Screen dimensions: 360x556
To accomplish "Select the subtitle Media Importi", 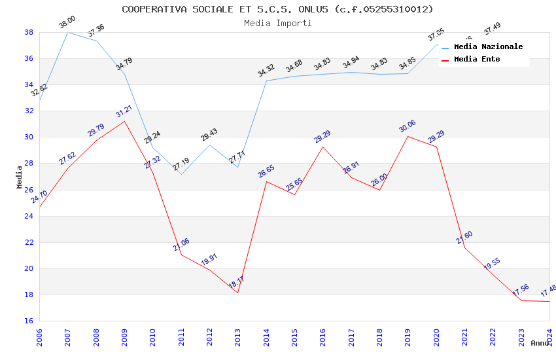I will [277, 23].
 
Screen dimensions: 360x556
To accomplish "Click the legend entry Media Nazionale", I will [488, 46].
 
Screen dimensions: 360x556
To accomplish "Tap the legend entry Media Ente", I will [477, 59].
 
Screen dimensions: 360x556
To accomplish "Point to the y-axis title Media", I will [19, 177].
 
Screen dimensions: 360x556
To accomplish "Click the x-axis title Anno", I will [540, 343].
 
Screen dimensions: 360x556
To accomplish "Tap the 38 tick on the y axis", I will [29, 32].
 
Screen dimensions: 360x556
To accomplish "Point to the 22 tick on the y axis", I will [29, 242].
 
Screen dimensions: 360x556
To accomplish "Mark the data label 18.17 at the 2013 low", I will [237, 282].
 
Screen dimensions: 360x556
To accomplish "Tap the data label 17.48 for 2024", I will [548, 290].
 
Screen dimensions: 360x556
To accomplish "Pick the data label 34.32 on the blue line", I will [266, 71].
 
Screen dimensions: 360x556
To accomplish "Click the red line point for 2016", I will [322, 147].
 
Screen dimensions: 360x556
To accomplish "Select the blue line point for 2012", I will [209, 145].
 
